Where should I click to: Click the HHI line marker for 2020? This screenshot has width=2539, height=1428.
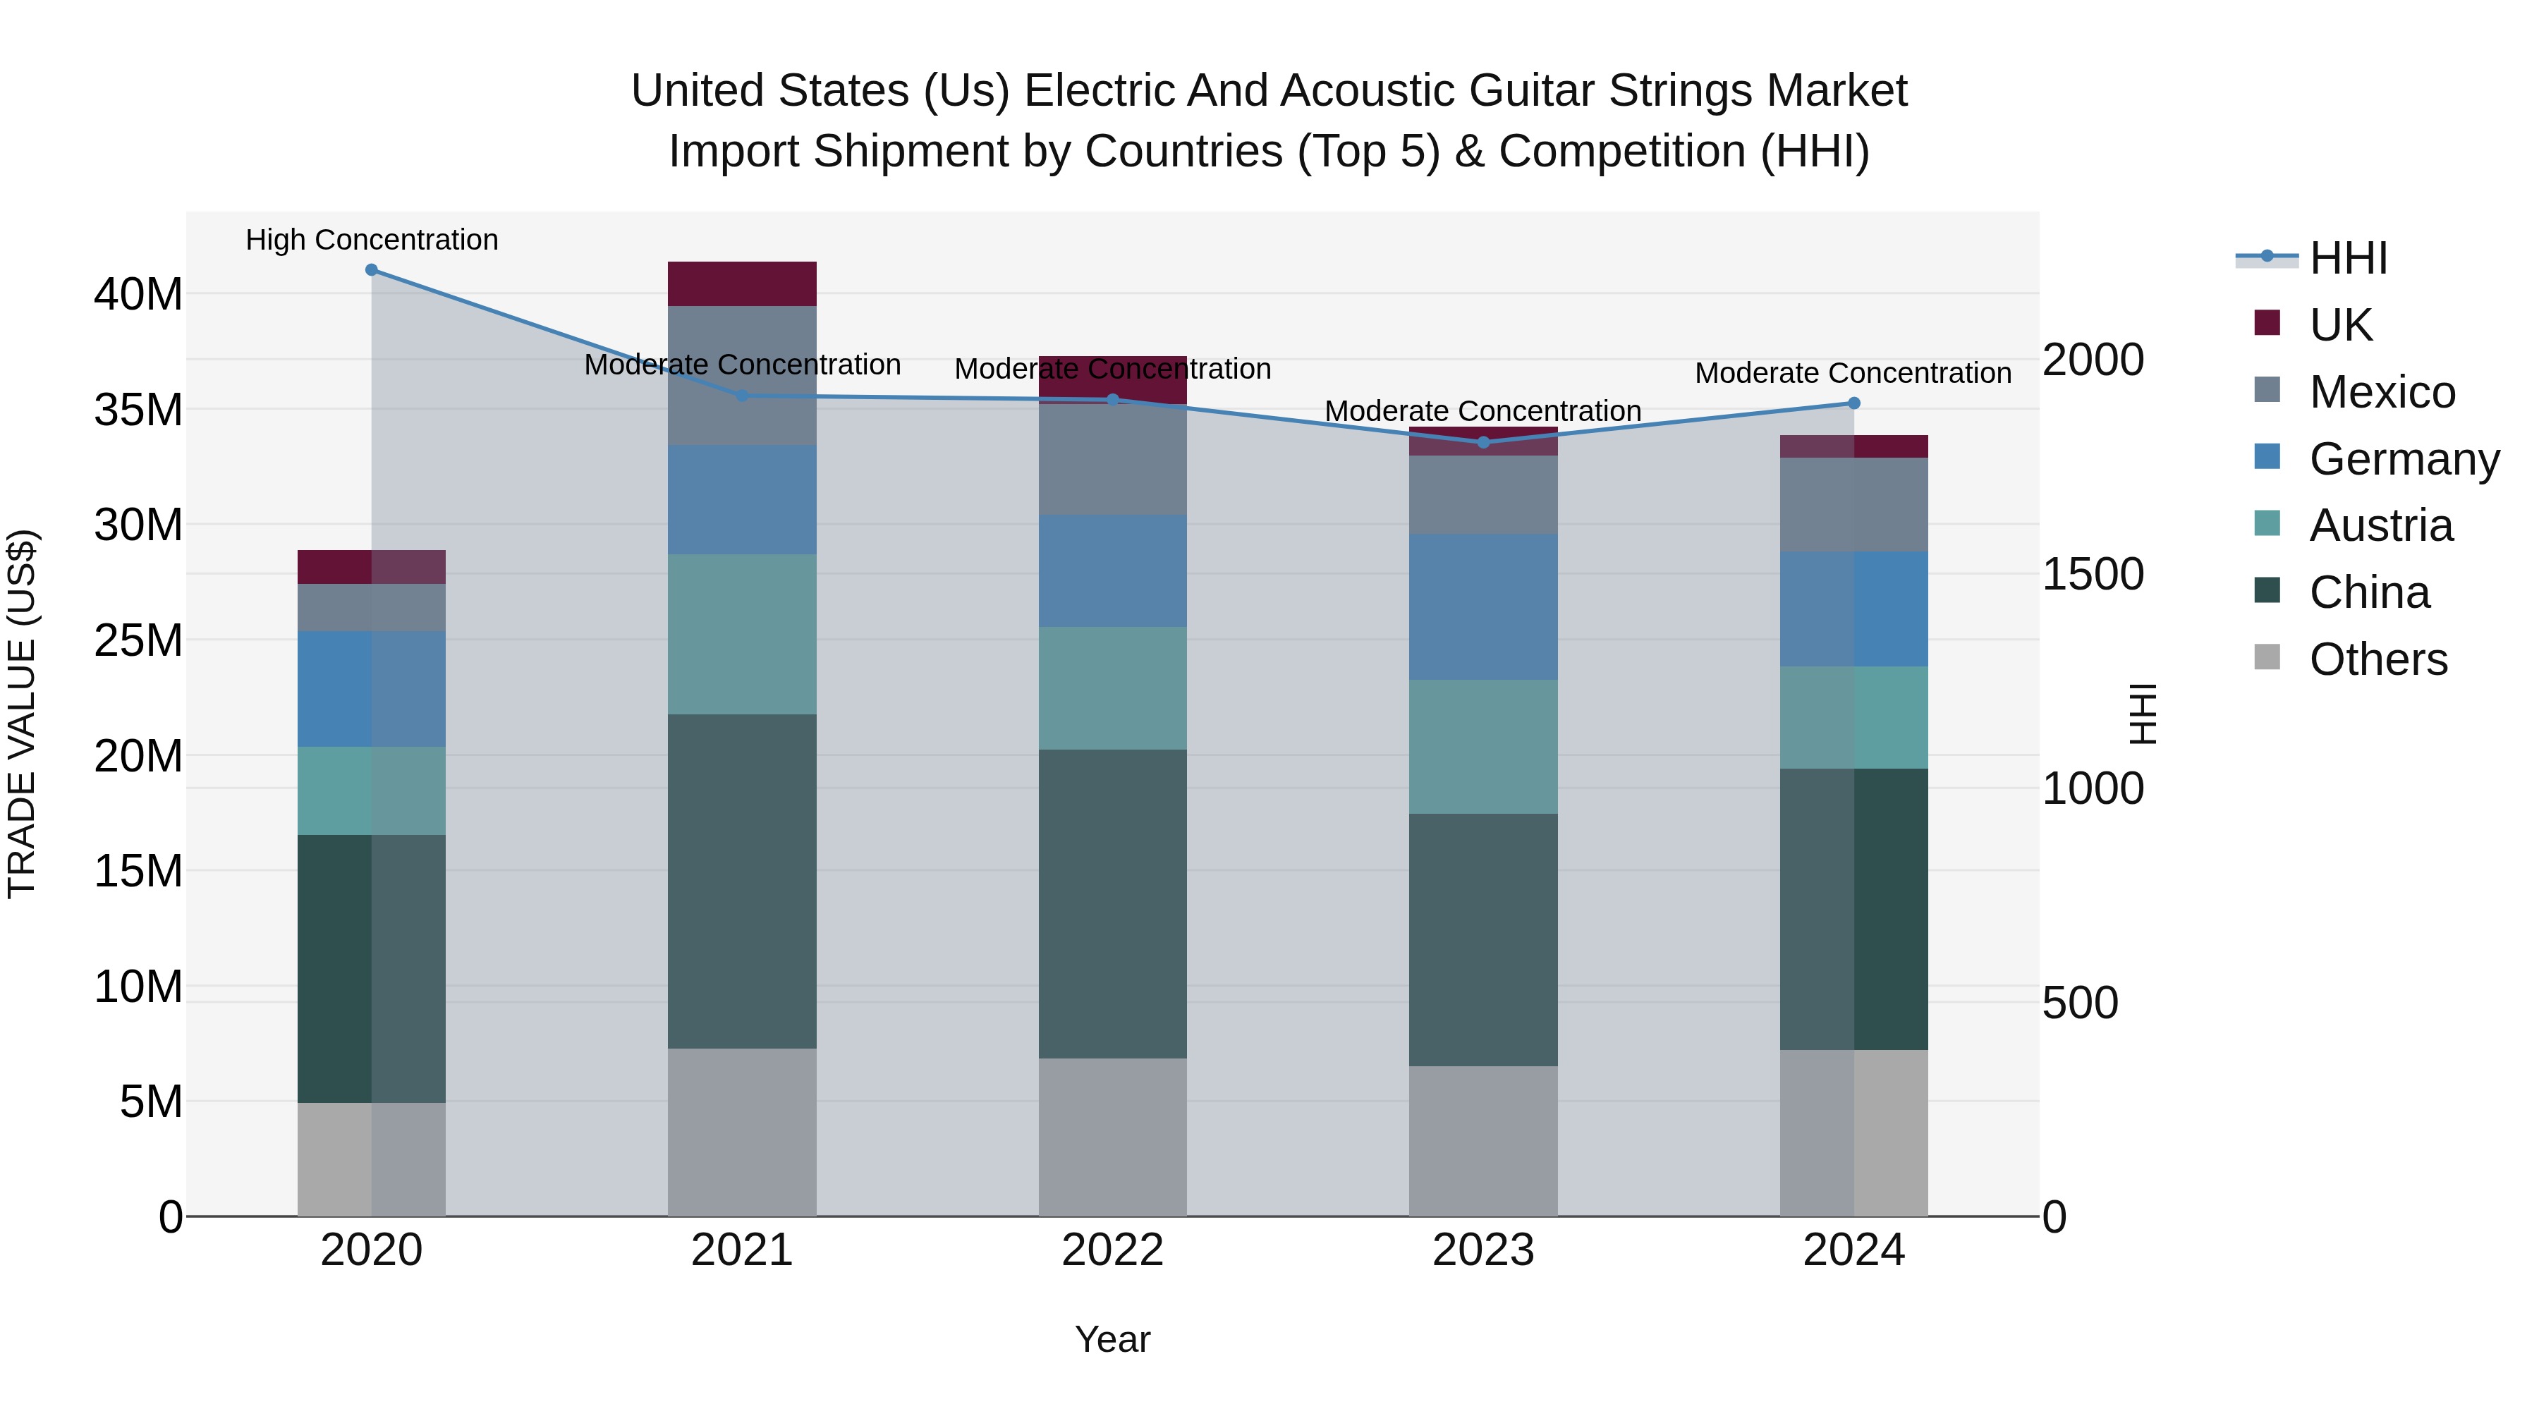(x=372, y=270)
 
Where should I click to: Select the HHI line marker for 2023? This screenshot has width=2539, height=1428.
(x=1483, y=442)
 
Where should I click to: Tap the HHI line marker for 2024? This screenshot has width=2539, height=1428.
(x=1854, y=403)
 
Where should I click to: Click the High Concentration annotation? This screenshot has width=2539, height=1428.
(x=372, y=240)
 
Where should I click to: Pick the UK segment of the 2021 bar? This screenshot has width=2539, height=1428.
(x=742, y=283)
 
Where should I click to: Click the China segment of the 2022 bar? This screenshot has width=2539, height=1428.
(x=1113, y=904)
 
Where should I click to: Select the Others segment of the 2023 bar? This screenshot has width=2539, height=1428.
(x=1483, y=1140)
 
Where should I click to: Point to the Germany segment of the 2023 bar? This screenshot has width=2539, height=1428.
(x=1483, y=607)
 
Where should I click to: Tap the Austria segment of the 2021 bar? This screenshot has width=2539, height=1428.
(x=742, y=634)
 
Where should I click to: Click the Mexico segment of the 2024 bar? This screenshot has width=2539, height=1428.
(x=1854, y=505)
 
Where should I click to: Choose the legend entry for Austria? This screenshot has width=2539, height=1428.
(x=2380, y=525)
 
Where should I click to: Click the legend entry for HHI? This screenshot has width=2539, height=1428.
(x=2348, y=258)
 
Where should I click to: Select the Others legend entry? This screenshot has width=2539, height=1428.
(x=2377, y=659)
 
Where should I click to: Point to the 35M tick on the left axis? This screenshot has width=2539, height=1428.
(x=138, y=410)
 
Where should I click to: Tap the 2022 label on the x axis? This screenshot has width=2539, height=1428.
(x=1113, y=1250)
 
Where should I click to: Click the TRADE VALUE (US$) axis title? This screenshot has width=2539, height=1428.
(x=22, y=714)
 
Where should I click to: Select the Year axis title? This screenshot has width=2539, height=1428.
(x=1113, y=1339)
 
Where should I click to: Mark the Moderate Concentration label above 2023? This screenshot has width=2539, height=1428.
(x=1483, y=411)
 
